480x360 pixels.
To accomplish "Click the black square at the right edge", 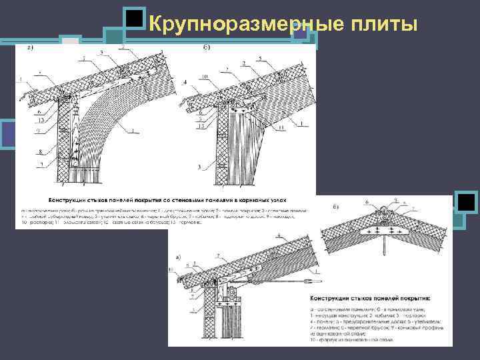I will tap(466, 202).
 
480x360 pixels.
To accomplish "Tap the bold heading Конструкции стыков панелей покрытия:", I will tap(367, 297).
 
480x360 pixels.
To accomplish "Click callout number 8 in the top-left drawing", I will tap(41, 151).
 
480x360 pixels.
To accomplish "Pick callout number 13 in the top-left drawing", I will tap(41, 121).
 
